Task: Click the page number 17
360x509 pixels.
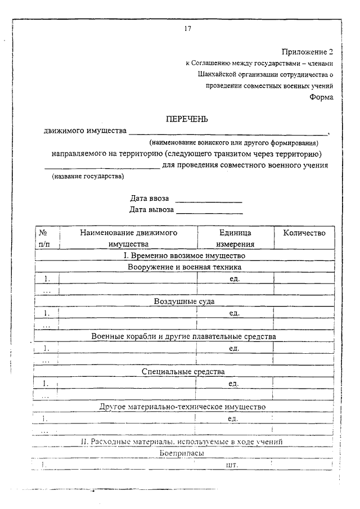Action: pyautogui.click(x=187, y=29)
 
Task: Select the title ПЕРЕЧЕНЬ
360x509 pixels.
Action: pyautogui.click(x=187, y=119)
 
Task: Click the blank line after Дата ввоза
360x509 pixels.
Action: pyautogui.click(x=209, y=200)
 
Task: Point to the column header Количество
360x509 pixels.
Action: pyautogui.click(x=304, y=232)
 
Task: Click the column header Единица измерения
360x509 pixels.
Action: pyautogui.click(x=235, y=238)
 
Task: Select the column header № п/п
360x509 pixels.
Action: pyautogui.click(x=45, y=238)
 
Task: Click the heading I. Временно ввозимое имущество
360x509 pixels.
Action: pyautogui.click(x=184, y=255)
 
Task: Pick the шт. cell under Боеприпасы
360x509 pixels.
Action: pyautogui.click(x=232, y=466)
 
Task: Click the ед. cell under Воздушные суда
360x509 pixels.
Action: pyautogui.click(x=235, y=313)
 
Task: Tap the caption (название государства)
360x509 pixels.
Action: pyautogui.click(x=88, y=177)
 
